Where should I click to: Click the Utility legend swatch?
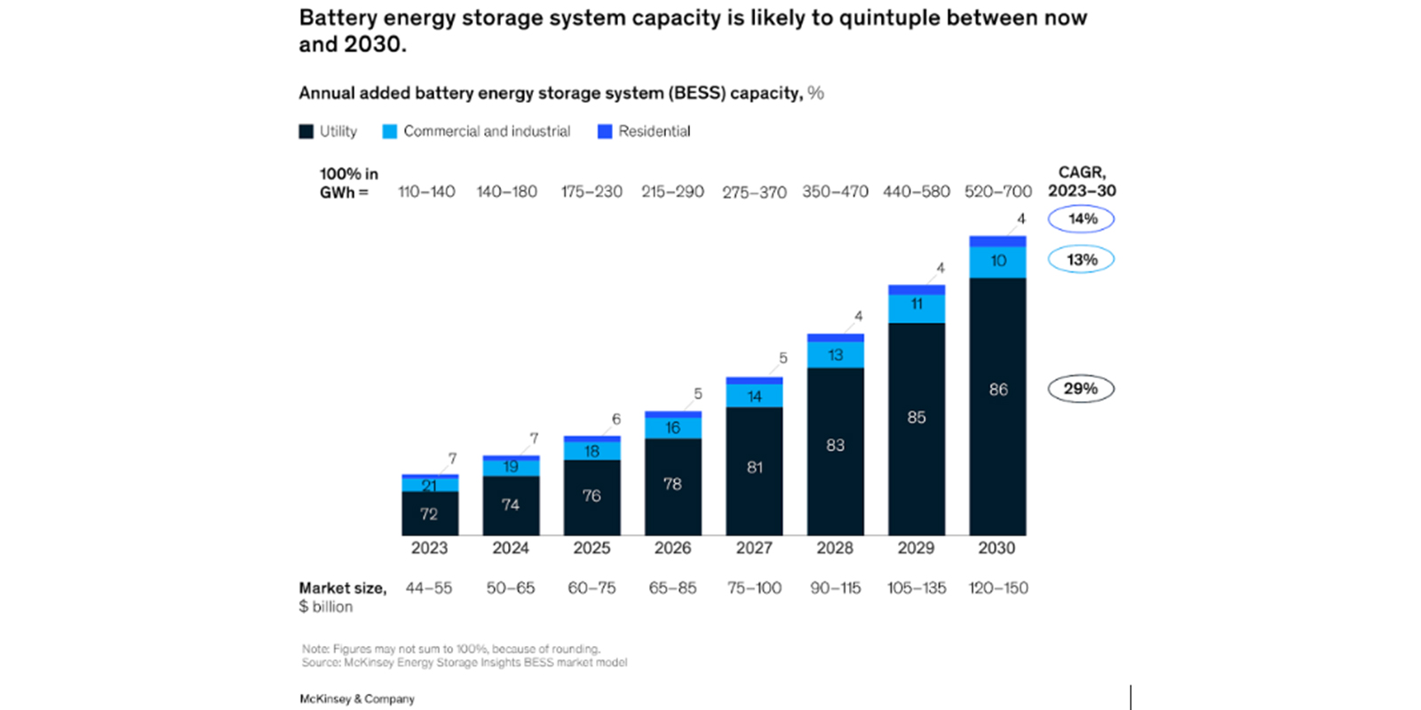tap(306, 131)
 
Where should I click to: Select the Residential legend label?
tap(654, 131)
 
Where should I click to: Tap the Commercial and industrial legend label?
tap(487, 131)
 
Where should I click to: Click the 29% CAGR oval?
tap(1081, 389)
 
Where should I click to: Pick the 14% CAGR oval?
tap(1081, 218)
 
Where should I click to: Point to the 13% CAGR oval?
tap(1081, 259)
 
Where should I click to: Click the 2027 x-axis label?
tap(754, 548)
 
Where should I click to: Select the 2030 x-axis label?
tap(996, 548)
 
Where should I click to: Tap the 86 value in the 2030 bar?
tap(998, 390)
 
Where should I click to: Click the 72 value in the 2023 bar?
tap(429, 514)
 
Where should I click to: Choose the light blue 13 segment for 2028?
tap(835, 355)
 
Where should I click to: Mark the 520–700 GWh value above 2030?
tap(998, 192)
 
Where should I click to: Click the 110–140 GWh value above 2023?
tap(426, 192)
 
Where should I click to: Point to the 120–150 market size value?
tap(998, 588)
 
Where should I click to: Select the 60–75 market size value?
tap(591, 588)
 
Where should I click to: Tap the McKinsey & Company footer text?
tap(357, 699)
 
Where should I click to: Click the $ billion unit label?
tap(326, 607)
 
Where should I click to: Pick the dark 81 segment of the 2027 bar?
tap(754, 468)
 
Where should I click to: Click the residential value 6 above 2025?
tap(616, 419)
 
